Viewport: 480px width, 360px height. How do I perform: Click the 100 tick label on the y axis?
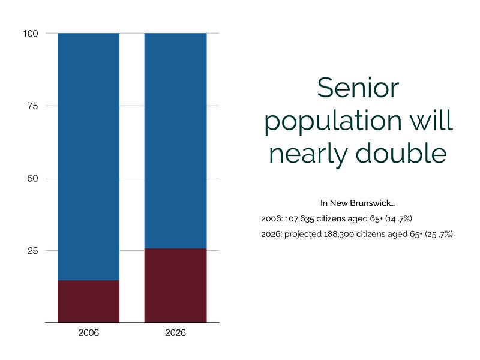(31, 34)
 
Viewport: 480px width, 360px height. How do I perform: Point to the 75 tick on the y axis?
(33, 106)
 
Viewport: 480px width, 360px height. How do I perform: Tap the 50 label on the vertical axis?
(33, 178)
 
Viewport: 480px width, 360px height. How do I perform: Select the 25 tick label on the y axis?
(33, 251)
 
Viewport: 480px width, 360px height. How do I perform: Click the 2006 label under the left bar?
(88, 333)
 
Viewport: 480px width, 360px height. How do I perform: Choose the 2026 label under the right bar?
(175, 333)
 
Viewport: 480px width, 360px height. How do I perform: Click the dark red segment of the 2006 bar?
(88, 301)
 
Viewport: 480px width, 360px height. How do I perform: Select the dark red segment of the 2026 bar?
(175, 286)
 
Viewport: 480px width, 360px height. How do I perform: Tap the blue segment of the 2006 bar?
(88, 157)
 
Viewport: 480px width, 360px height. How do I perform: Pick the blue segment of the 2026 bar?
(175, 141)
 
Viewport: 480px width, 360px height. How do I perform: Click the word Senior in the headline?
(358, 88)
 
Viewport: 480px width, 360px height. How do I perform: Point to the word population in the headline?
(333, 121)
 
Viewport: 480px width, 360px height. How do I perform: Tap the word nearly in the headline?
(308, 155)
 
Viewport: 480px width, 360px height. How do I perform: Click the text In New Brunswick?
(358, 203)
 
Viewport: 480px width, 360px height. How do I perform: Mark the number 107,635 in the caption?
(299, 218)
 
